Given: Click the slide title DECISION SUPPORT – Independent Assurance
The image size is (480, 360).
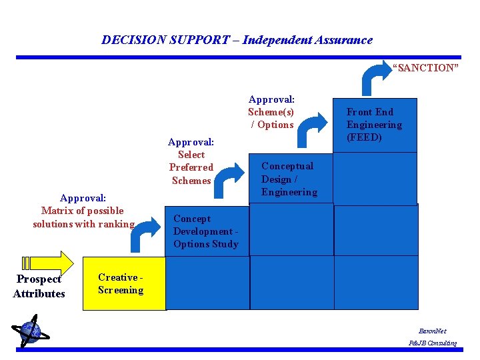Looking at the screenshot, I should pyautogui.click(x=237, y=40).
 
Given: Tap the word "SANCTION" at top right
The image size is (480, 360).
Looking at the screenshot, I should pyautogui.click(x=425, y=68).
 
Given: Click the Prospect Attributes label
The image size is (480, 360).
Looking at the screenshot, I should pyautogui.click(x=39, y=287).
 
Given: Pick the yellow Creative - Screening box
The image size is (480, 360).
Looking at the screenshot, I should pyautogui.click(x=124, y=283).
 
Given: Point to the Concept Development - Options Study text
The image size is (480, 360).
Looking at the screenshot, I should pyautogui.click(x=205, y=231).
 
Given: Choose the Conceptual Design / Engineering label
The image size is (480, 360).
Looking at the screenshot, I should pyautogui.click(x=289, y=179).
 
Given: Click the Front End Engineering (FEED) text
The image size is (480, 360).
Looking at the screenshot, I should pyautogui.click(x=374, y=125).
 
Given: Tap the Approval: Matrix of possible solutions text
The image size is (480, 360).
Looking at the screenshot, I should pyautogui.click(x=83, y=211).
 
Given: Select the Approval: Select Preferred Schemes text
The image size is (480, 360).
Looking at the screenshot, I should pyautogui.click(x=191, y=161).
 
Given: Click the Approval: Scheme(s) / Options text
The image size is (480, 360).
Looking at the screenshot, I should pyautogui.click(x=271, y=112).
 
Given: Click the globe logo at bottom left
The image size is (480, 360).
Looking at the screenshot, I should pyautogui.click(x=29, y=332).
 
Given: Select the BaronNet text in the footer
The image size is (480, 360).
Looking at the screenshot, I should pyautogui.click(x=432, y=331).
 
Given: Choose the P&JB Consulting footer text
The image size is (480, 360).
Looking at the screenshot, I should pyautogui.click(x=433, y=343).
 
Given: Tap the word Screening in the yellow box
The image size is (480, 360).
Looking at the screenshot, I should pyautogui.click(x=121, y=290).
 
